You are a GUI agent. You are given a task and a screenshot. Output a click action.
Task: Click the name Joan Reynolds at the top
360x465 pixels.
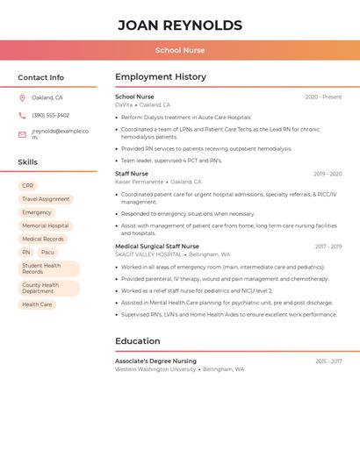[x=180, y=25]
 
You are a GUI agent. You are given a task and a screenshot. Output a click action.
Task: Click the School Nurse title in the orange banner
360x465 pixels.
[x=180, y=51]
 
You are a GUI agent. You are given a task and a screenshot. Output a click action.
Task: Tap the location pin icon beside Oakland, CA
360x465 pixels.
[x=22, y=97]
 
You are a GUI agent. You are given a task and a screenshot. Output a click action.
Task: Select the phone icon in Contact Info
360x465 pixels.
[x=22, y=115]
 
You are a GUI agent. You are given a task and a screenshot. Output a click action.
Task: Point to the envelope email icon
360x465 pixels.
[x=22, y=134]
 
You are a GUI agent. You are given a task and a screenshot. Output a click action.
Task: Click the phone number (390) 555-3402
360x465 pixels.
[x=50, y=115]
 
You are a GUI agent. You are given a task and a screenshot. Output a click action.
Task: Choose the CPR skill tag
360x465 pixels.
[x=28, y=186]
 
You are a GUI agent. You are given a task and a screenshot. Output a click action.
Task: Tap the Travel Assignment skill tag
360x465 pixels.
[x=46, y=199]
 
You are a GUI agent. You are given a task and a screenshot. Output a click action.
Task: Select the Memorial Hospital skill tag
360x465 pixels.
[x=46, y=225]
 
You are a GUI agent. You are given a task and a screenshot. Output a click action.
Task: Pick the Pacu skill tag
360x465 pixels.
[x=47, y=252]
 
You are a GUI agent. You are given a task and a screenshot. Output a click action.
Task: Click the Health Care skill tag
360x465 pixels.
[x=37, y=304]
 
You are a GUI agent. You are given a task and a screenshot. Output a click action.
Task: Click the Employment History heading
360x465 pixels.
[x=160, y=77]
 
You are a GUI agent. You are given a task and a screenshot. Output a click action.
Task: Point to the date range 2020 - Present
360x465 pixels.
[x=323, y=97]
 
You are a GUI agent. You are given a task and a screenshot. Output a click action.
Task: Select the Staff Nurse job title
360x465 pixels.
[x=132, y=174]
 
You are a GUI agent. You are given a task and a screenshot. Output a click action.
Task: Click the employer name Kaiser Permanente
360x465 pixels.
[x=139, y=182]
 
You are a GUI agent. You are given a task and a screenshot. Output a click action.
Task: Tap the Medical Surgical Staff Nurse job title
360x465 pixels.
[x=157, y=247]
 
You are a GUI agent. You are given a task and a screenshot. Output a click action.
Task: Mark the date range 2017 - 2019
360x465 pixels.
[x=328, y=247]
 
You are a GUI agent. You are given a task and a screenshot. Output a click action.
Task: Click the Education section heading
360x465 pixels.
[x=138, y=341]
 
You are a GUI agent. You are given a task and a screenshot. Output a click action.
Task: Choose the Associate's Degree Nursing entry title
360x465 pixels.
[x=155, y=361]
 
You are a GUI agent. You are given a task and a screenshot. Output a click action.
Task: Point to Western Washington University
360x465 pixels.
[x=155, y=369]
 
